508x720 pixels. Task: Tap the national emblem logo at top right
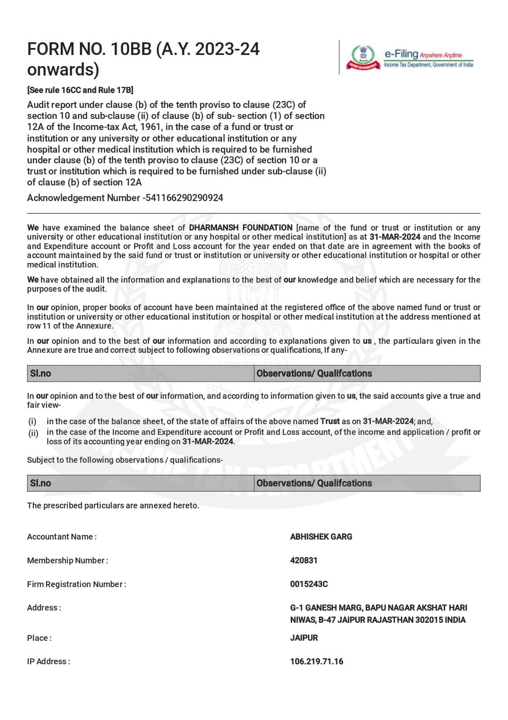pyautogui.click(x=362, y=57)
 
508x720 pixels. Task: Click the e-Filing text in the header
pyautogui.click(x=401, y=54)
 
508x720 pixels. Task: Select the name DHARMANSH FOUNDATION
pyautogui.click(x=241, y=228)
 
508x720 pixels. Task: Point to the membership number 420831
pyautogui.click(x=303, y=560)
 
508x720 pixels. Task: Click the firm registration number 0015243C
pyautogui.click(x=309, y=584)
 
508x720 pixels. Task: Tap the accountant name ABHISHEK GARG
pyautogui.click(x=321, y=536)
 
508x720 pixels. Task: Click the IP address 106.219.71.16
pyautogui.click(x=316, y=661)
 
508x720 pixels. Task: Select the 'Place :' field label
pyautogui.click(x=39, y=638)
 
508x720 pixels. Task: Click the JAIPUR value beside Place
pyautogui.click(x=304, y=638)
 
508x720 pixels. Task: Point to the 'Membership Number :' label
pyautogui.click(x=67, y=560)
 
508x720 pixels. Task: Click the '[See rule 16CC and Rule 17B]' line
pyautogui.click(x=80, y=90)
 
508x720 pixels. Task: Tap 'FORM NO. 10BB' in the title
pyautogui.click(x=89, y=49)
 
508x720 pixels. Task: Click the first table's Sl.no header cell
pyautogui.click(x=40, y=373)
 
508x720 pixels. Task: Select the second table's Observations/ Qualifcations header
pyautogui.click(x=314, y=483)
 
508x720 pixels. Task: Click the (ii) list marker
pyautogui.click(x=33, y=433)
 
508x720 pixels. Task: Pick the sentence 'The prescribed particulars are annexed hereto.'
pyautogui.click(x=113, y=505)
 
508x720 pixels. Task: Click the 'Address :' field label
pyautogui.click(x=44, y=607)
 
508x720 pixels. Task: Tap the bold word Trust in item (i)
pyautogui.click(x=330, y=421)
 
